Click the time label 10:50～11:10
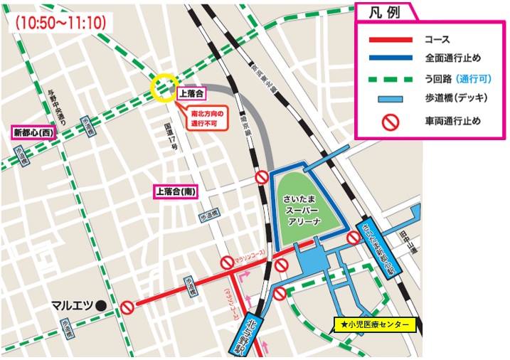60,23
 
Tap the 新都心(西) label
33,132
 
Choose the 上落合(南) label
176,191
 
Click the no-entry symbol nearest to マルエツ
126,307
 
